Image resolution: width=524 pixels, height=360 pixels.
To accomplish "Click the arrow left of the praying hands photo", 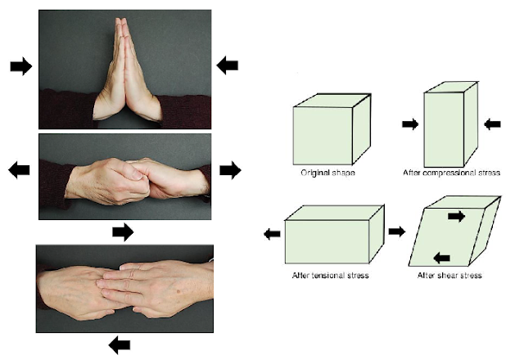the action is coord(20,66).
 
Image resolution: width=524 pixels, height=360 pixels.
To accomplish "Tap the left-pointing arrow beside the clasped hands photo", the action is coord(19,169).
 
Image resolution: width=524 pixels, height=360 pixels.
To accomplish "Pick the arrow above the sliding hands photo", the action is coord(122,232).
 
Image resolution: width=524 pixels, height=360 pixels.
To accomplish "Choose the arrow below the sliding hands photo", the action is coord(120,344).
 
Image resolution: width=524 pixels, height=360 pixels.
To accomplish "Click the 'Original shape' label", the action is coord(323,173).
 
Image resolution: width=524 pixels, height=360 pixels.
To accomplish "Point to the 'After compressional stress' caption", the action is coord(452,173).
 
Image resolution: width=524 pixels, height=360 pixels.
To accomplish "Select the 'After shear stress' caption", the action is coord(451,275).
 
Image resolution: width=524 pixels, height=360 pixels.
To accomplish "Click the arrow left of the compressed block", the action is coord(411,124).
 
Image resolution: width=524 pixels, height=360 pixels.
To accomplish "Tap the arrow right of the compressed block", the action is coord(491,124).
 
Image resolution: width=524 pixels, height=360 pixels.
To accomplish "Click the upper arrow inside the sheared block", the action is coord(455,217).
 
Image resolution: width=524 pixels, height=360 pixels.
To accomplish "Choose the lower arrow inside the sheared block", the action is coord(441,258).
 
